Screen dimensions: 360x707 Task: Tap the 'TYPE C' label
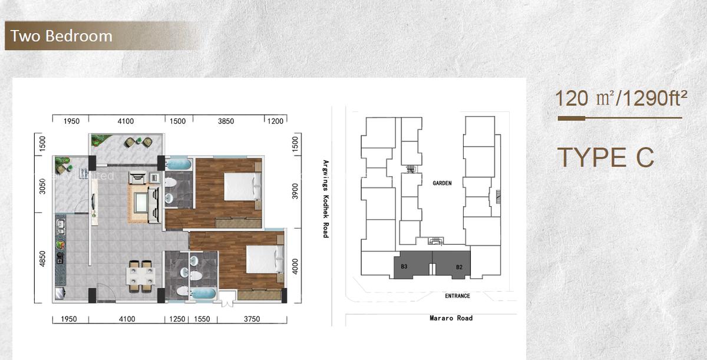pyautogui.click(x=605, y=157)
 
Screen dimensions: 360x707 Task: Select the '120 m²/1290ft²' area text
pyautogui.click(x=621, y=98)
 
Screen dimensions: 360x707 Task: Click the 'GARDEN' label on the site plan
pyautogui.click(x=442, y=183)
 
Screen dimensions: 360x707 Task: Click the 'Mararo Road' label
pyautogui.click(x=451, y=318)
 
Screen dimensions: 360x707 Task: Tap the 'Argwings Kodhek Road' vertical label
pyautogui.click(x=325, y=199)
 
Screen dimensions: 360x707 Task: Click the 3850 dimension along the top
pyautogui.click(x=226, y=121)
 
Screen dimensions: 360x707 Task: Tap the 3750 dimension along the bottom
pyautogui.click(x=252, y=319)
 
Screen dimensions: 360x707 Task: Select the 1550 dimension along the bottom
pyautogui.click(x=202, y=319)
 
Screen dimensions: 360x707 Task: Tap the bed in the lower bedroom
pyautogui.click(x=260, y=259)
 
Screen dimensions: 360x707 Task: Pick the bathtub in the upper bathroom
pyautogui.click(x=178, y=163)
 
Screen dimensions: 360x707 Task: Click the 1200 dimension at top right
pyautogui.click(x=275, y=121)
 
